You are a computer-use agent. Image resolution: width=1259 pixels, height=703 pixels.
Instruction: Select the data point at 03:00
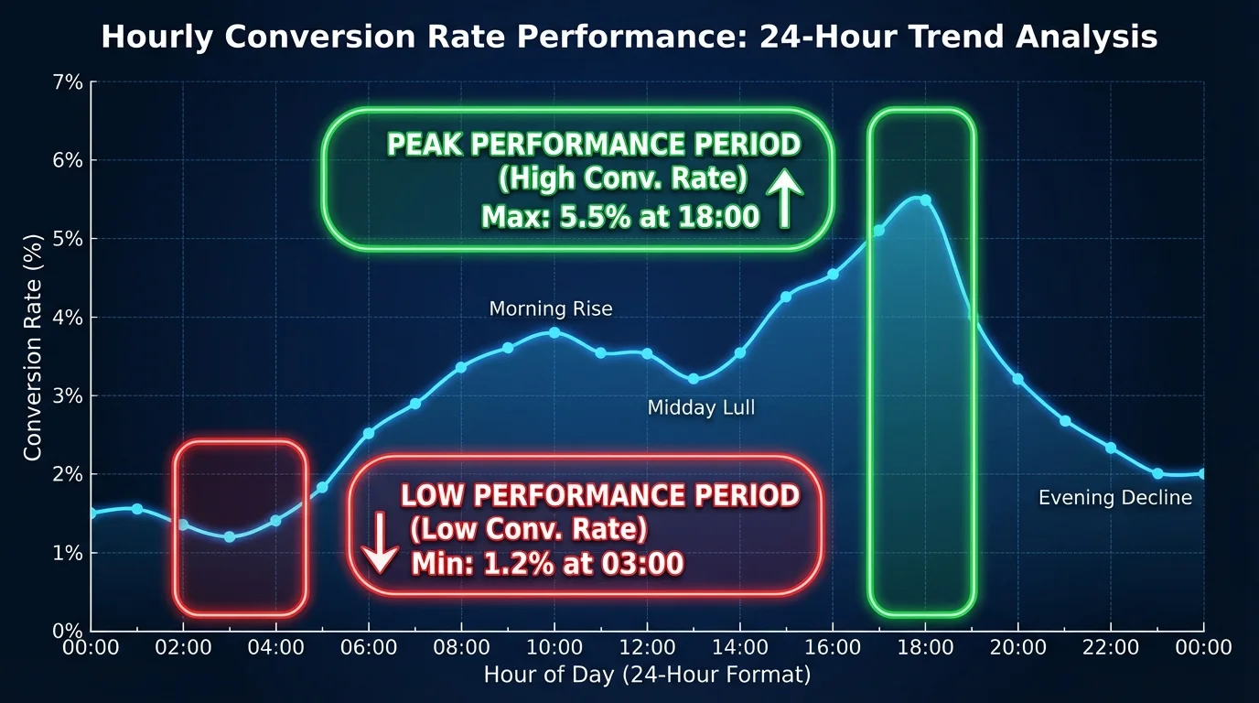230,537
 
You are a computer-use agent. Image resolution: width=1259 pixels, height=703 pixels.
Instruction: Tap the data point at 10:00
554,332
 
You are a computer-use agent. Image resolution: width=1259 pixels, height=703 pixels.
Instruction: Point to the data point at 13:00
694,379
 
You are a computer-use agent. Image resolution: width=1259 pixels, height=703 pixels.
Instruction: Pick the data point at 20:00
1017,380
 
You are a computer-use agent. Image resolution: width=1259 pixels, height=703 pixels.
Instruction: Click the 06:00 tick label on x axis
369,647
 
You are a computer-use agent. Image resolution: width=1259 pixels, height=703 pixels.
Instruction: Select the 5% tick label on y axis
68,239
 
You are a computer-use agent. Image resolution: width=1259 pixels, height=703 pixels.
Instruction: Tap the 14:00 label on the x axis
740,647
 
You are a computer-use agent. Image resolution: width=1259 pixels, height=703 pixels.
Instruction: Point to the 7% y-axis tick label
68,82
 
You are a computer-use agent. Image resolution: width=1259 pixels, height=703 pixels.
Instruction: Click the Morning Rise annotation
551,308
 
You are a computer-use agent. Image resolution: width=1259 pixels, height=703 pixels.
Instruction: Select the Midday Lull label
701,407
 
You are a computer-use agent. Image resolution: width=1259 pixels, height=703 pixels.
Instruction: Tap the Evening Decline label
1115,498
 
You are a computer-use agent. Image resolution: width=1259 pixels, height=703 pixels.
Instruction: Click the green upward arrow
785,199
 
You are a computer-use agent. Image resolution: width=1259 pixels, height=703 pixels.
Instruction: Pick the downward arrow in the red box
381,543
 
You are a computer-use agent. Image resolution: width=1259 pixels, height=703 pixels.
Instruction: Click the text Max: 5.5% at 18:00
620,217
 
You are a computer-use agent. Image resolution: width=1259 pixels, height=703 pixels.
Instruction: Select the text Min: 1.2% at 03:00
547,564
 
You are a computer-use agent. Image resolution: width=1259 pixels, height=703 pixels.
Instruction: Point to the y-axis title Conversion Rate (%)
33,348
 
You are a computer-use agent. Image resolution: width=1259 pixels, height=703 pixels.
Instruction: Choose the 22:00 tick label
1111,647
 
